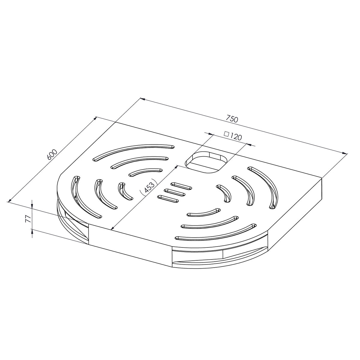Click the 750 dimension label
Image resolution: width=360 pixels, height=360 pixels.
pos(232,119)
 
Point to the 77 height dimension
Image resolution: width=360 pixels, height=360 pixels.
pos(28,218)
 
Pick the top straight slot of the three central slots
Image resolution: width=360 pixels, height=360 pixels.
pos(181,186)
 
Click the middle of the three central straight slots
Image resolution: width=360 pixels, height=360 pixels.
pos(175,193)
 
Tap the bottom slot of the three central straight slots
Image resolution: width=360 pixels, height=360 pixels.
pos(168,199)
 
